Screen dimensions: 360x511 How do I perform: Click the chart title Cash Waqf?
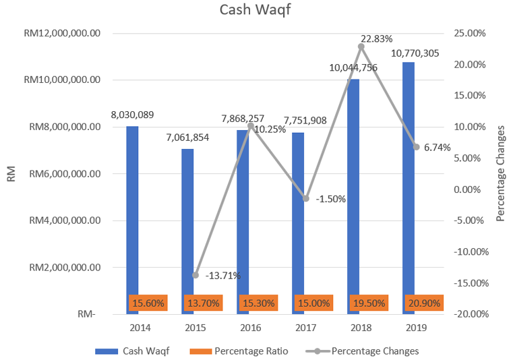[x=255, y=11]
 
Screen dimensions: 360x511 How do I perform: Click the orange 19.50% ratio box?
[x=368, y=303]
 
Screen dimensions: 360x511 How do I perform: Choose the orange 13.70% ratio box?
[x=202, y=303]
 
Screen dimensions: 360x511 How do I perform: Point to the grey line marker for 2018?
[x=361, y=47]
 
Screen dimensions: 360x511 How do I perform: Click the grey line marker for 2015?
[x=196, y=275]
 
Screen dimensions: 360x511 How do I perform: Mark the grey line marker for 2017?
[x=306, y=198]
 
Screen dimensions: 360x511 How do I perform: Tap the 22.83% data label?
[x=377, y=38]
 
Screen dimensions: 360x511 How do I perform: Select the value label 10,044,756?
[x=353, y=67]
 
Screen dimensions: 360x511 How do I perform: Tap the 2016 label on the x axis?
[x=251, y=328]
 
